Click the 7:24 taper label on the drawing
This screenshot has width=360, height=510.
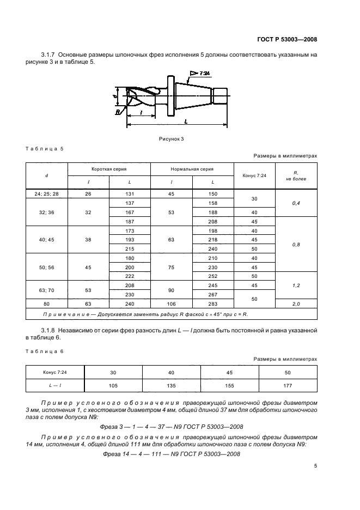tap(204, 72)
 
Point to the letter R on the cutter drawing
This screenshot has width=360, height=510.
tap(117, 112)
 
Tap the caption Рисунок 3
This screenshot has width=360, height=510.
tap(172, 139)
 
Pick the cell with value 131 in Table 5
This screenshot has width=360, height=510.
tap(130, 193)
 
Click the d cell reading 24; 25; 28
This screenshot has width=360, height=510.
tap(46, 193)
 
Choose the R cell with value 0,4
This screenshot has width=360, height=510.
tap(296, 203)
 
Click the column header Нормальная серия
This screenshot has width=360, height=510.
tap(192, 169)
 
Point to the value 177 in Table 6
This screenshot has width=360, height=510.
tap(288, 386)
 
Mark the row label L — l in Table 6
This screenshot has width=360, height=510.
tap(55, 386)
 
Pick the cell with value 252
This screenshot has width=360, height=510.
tap(213, 276)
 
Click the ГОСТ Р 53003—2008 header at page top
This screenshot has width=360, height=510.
tap(286, 39)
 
